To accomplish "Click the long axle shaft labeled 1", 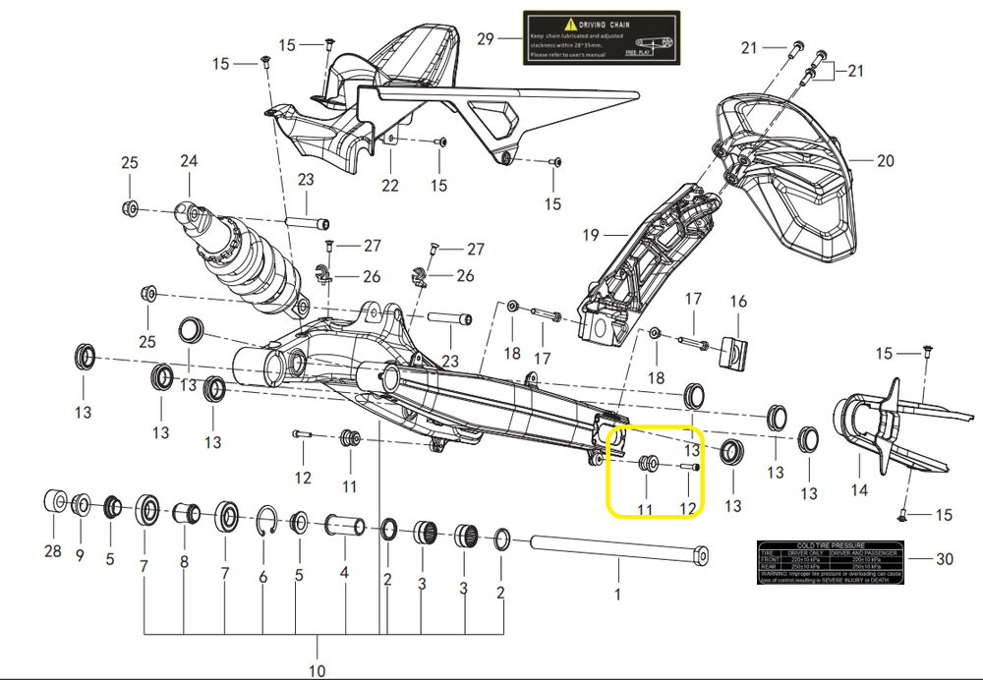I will coord(619,545).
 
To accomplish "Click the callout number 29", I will coord(485,39).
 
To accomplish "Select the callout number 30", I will coord(944,559).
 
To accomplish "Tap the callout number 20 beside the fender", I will coord(885,161).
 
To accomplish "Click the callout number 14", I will coord(859,488).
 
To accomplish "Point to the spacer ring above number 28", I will coord(55,501).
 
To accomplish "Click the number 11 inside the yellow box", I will coord(645,508).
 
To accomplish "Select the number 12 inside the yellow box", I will coord(687,508).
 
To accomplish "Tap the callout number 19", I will coord(590,236).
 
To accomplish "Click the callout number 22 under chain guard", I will coord(390,185).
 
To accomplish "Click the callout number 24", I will coord(189,161).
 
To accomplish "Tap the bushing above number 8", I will coord(186,514).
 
